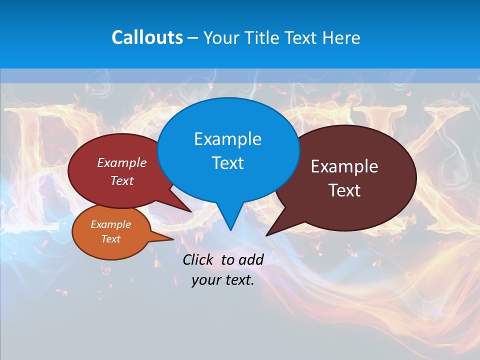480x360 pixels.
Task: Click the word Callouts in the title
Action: click(147, 37)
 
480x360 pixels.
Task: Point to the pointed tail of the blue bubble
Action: click(230, 227)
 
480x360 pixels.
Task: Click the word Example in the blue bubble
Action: click(227, 139)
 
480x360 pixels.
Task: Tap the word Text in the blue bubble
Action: click(227, 163)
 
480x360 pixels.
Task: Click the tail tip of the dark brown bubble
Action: click(267, 234)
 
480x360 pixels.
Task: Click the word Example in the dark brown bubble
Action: click(344, 166)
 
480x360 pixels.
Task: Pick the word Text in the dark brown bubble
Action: click(344, 190)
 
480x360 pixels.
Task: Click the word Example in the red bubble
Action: click(121, 162)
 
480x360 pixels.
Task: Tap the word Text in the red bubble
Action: click(121, 180)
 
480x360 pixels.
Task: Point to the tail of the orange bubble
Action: click(171, 238)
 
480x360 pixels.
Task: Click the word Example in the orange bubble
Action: click(110, 224)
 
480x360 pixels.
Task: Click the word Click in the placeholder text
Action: click(198, 259)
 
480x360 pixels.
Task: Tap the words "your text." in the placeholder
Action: click(222, 280)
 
